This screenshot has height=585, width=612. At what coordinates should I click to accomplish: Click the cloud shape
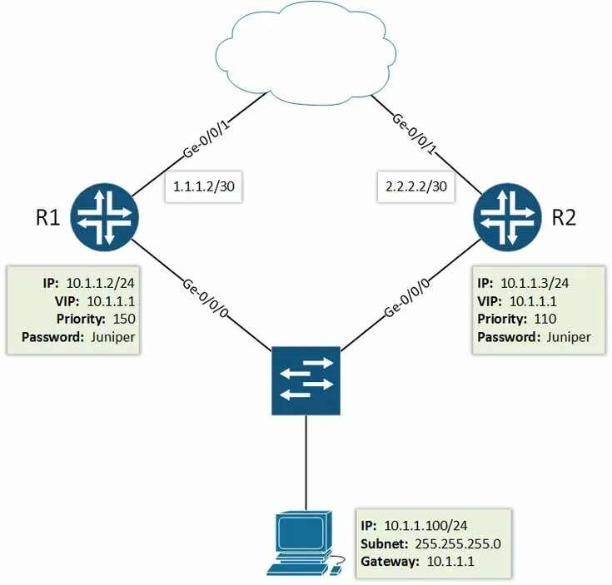[x=304, y=51]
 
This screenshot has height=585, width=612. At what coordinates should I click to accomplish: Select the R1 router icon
[x=104, y=215]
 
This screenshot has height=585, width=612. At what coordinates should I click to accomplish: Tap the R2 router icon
[x=506, y=216]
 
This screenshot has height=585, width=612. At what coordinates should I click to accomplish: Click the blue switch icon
[x=305, y=380]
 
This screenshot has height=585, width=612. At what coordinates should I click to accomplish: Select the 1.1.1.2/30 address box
[x=202, y=186]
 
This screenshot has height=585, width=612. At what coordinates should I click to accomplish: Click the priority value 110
[x=546, y=319]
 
